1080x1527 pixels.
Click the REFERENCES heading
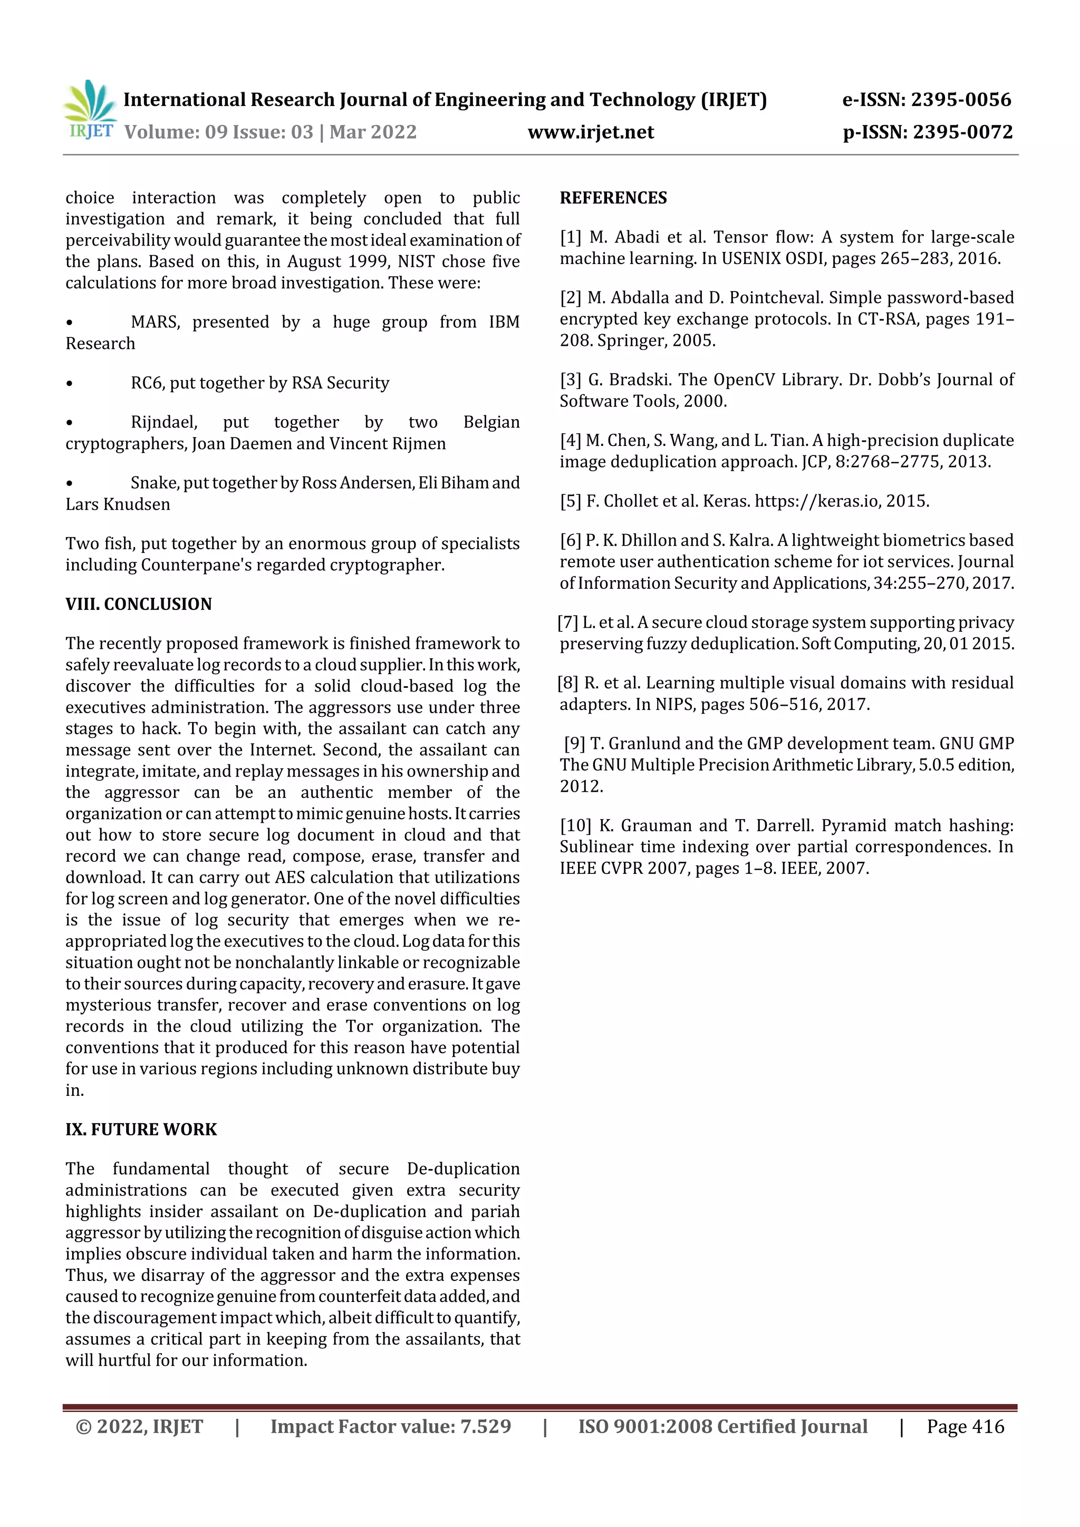(x=613, y=198)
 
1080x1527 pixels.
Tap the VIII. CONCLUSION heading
(x=138, y=604)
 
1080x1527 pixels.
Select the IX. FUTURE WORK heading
(x=141, y=1129)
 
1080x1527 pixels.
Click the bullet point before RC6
(x=70, y=384)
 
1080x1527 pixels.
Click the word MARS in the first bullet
(x=155, y=323)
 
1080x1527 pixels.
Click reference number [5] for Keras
(x=570, y=501)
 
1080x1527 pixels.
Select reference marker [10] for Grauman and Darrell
(x=575, y=825)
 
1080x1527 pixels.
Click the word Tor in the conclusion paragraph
(x=359, y=1026)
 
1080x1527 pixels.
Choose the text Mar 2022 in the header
(x=373, y=132)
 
